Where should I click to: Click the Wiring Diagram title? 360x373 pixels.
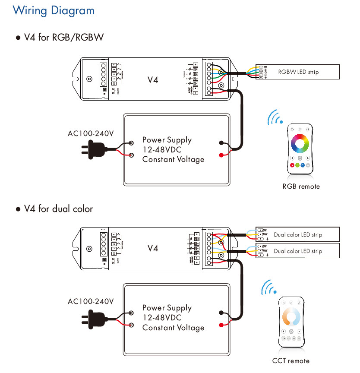coord(54,10)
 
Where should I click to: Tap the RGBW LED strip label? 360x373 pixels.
coord(298,72)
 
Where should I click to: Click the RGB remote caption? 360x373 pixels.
coord(301,186)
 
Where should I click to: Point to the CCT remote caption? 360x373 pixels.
coord(291,360)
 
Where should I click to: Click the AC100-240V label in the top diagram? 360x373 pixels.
coord(91,133)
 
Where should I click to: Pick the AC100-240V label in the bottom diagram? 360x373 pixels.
coord(91,301)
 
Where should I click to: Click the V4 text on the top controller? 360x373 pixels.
coord(153,80)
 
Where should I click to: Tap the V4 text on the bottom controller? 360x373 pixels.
coord(153,248)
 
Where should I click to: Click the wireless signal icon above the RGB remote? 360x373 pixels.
coord(275,117)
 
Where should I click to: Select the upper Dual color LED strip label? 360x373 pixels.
coord(298,235)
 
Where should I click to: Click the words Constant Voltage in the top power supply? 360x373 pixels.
coord(173,159)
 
